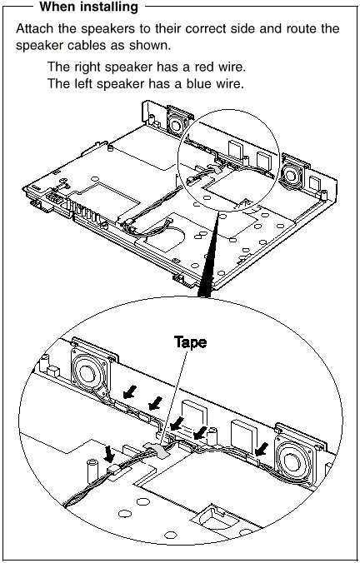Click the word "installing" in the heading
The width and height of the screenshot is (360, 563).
coord(107,7)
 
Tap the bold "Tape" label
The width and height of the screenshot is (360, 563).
coord(191,341)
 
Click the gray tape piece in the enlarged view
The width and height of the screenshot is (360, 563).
coord(157,449)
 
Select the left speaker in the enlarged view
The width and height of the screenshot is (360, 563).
coord(91,374)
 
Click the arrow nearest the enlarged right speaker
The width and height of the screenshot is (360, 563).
coord(262,449)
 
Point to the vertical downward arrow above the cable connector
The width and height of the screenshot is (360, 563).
coord(108,454)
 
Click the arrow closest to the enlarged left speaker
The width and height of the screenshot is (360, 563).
coord(130,391)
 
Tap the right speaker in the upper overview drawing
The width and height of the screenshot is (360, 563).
coord(292,172)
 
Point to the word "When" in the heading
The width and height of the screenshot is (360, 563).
coord(55,7)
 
